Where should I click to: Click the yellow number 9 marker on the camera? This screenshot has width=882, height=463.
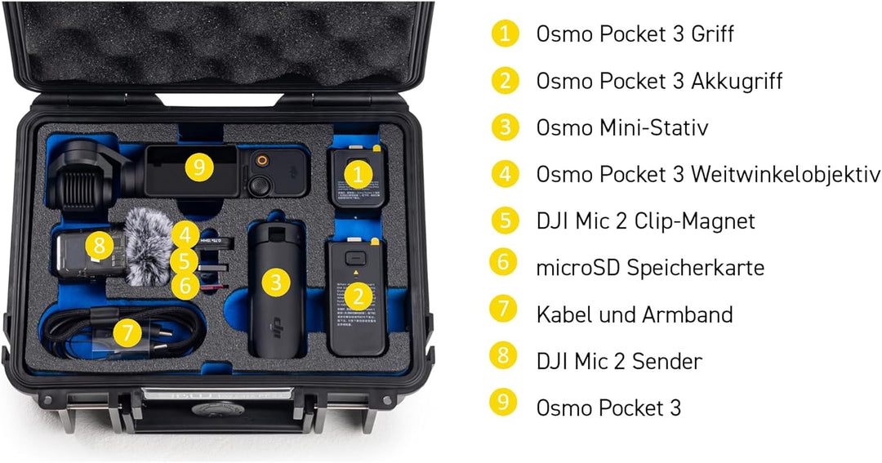point(199,168)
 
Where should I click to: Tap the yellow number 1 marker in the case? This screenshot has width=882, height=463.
point(358,173)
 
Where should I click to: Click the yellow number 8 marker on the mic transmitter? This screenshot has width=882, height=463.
point(99,244)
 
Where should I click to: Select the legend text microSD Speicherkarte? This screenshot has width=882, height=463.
point(650,267)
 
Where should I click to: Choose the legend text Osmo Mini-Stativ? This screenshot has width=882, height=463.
point(621,127)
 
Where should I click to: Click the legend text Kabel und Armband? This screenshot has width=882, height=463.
point(634,314)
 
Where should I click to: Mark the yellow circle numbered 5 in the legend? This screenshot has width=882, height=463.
point(505,220)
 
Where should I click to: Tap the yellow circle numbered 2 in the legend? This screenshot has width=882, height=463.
point(505,80)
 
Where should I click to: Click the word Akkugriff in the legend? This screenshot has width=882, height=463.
point(737,81)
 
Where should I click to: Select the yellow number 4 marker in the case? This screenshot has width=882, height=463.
point(187,235)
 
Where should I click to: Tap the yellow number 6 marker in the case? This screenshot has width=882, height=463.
point(185,285)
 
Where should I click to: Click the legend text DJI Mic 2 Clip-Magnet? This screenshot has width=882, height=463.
point(645,220)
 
